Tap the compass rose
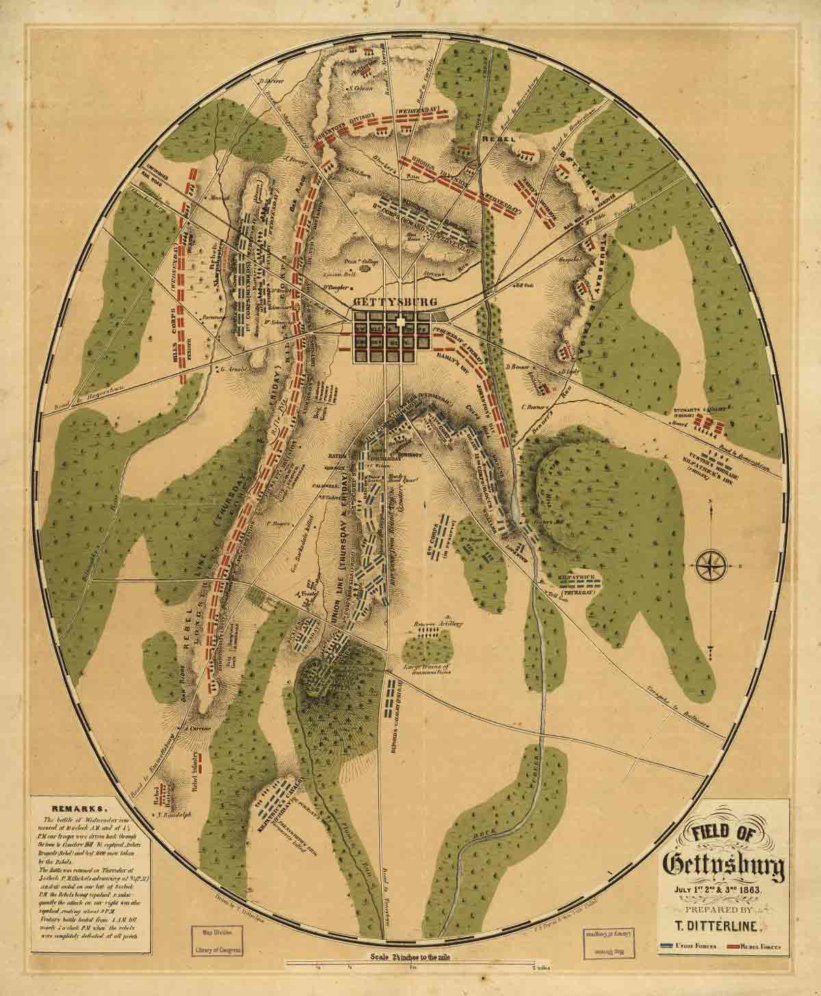pos(712,564)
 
